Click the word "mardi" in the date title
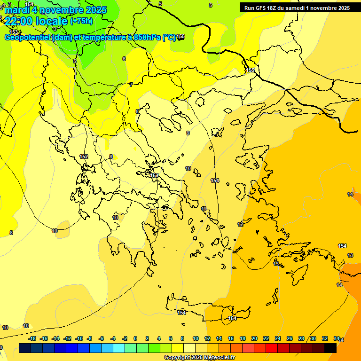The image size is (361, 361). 17,10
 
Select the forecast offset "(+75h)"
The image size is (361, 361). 81,21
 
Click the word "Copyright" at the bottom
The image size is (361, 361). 177,358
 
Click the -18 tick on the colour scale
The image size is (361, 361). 32,338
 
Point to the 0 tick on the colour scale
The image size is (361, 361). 135,338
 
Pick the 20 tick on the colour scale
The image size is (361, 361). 254,338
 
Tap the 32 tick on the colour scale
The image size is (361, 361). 325,338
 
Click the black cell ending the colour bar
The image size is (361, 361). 330,348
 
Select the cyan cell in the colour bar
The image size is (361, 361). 119,348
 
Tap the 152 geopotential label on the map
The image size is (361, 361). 84,157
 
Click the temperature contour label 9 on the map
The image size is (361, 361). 188,133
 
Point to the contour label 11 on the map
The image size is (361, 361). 204,209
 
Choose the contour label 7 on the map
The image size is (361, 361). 131,85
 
